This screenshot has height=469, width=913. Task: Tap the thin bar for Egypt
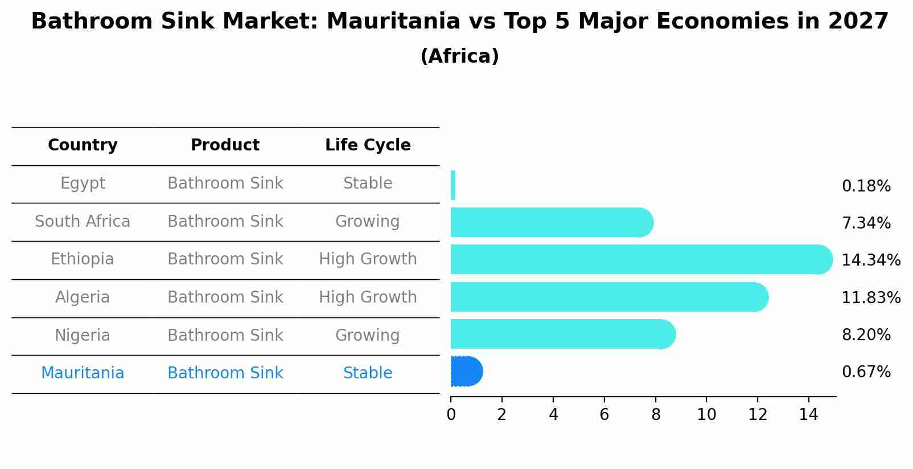pyautogui.click(x=453, y=185)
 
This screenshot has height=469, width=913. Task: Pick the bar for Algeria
pyautogui.click(x=606, y=297)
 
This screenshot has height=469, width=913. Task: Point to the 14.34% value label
pyautogui.click(x=870, y=260)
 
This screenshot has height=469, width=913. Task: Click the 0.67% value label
pyautogui.click(x=866, y=372)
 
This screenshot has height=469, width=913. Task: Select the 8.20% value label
pyautogui.click(x=866, y=335)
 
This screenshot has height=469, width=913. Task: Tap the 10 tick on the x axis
pyautogui.click(x=706, y=415)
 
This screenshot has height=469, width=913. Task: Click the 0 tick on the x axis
pyautogui.click(x=451, y=415)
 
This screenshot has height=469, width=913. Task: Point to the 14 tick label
pyautogui.click(x=808, y=415)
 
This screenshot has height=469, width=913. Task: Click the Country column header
pyautogui.click(x=83, y=145)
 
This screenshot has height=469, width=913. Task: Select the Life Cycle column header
pyautogui.click(x=368, y=145)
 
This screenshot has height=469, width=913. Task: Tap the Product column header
pyautogui.click(x=225, y=145)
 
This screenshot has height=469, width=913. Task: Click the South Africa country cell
pyautogui.click(x=83, y=222)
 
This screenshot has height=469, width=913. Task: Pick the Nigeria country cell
pyautogui.click(x=83, y=336)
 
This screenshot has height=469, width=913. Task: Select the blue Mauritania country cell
pyautogui.click(x=83, y=373)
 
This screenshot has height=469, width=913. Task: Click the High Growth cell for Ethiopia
pyautogui.click(x=368, y=259)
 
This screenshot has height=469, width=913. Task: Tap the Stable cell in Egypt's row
pyautogui.click(x=368, y=183)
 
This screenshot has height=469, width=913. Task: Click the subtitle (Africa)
pyautogui.click(x=459, y=56)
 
